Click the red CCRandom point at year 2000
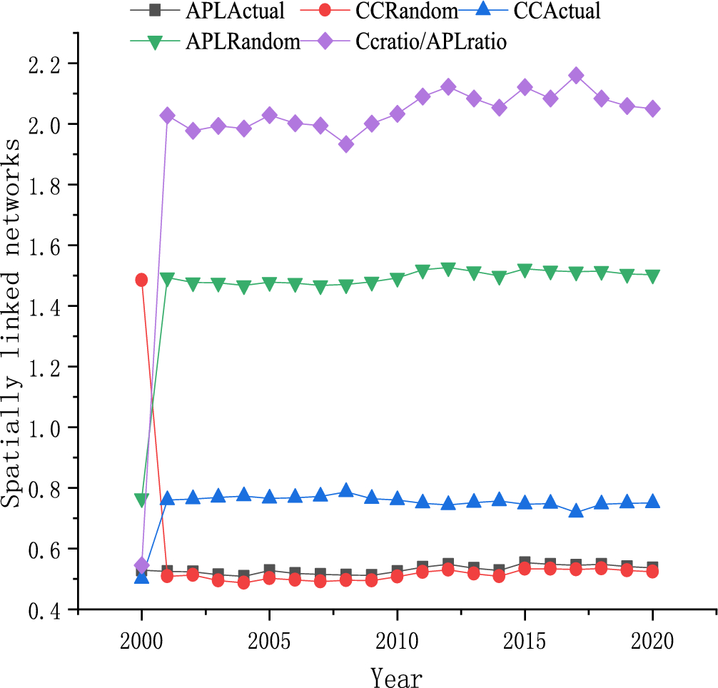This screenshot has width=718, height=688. tap(141, 280)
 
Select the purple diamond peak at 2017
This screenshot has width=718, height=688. tap(576, 76)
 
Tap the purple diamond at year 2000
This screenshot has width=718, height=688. tap(141, 565)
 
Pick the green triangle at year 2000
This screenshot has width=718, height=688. tap(141, 500)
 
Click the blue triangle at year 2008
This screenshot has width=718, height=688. tap(345, 490)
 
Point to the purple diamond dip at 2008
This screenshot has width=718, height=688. tap(345, 144)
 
